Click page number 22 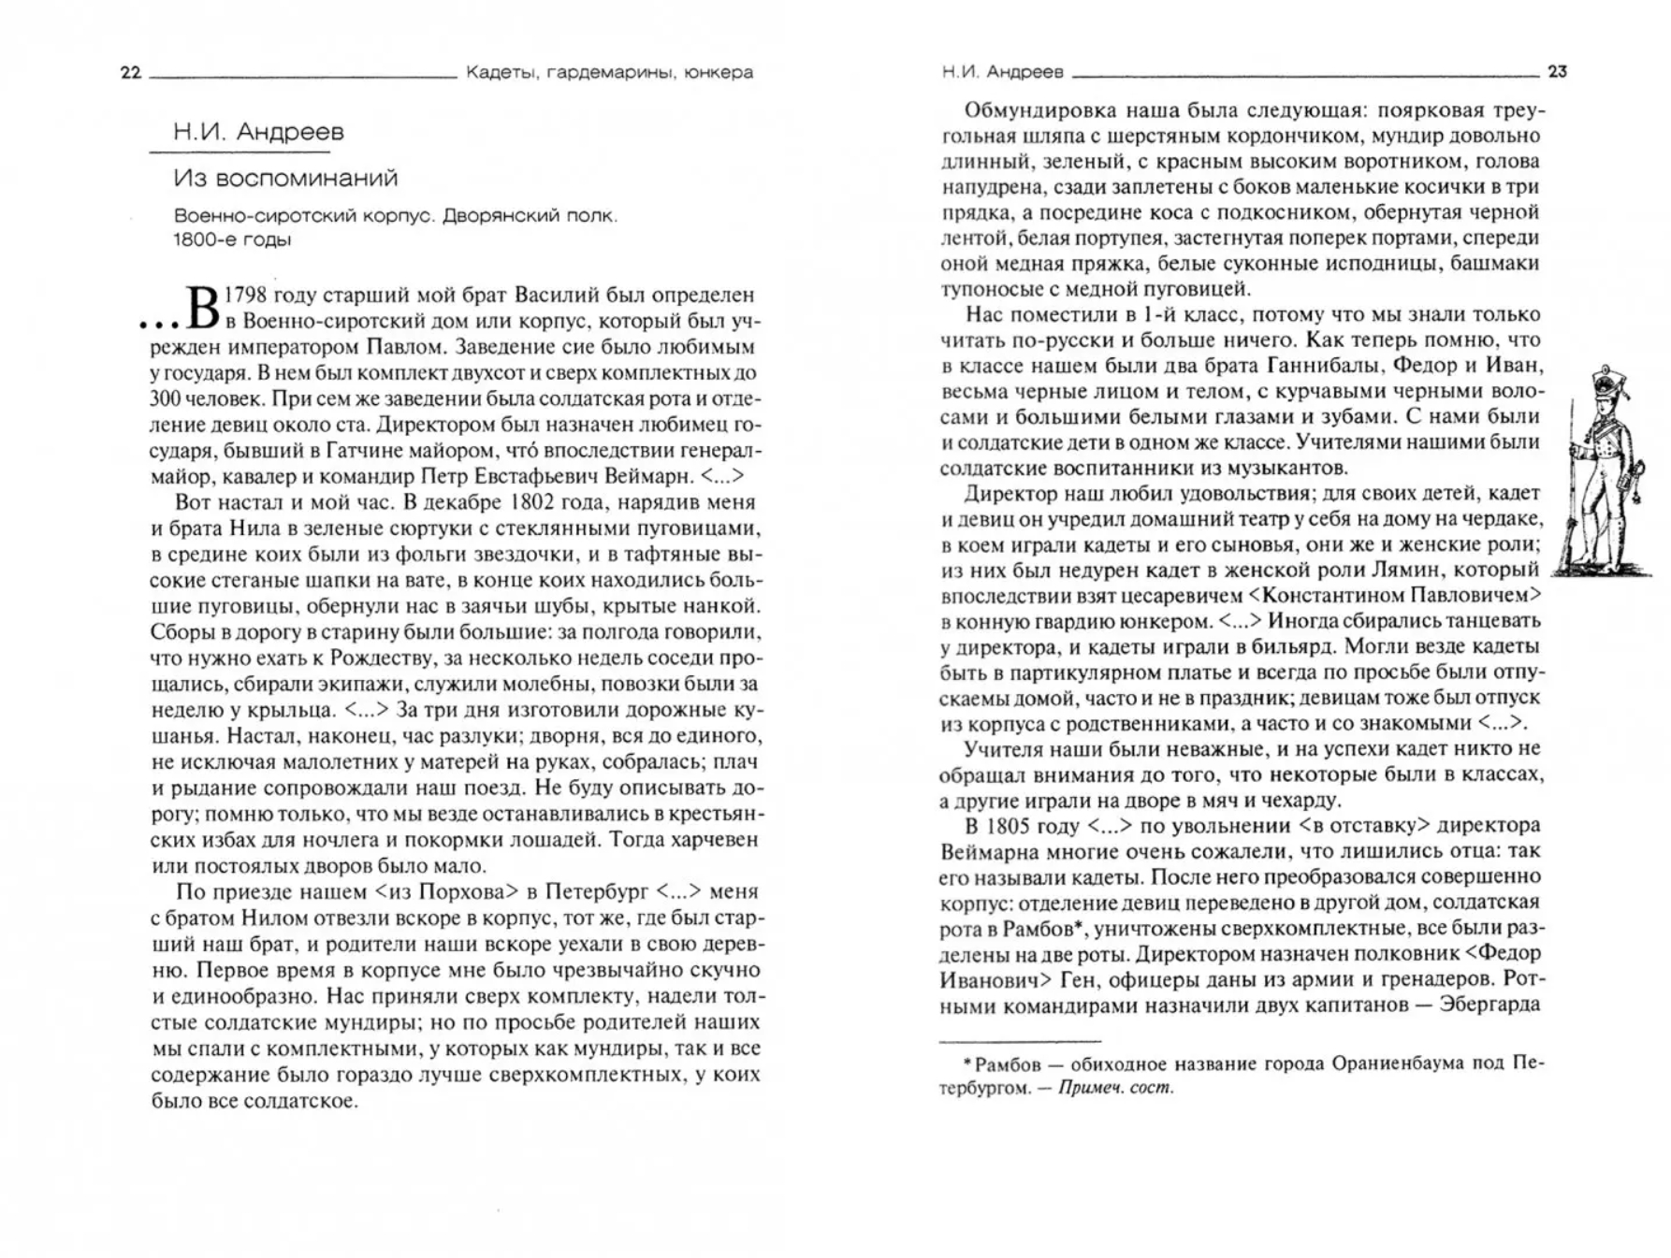click(x=131, y=73)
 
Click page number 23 click(x=1557, y=71)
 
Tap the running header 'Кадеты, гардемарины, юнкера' click(x=609, y=72)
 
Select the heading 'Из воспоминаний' click(x=285, y=178)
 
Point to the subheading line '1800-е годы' click(x=232, y=239)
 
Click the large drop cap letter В click(x=203, y=307)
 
